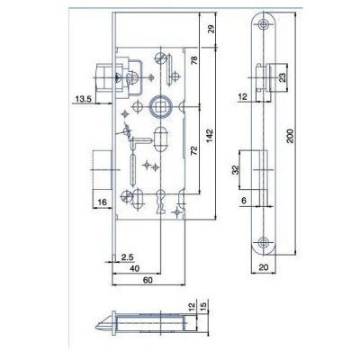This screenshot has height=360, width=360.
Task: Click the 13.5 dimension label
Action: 83,98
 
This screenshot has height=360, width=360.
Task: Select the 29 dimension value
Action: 211,29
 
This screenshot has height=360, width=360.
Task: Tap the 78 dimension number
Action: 194,60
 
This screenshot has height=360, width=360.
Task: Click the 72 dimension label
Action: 194,150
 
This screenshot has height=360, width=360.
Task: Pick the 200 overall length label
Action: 290,136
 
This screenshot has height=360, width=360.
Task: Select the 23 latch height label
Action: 283,77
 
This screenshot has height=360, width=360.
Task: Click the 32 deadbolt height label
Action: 236,170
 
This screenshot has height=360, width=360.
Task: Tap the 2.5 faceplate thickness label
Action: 128,257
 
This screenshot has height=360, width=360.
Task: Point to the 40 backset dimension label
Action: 135,268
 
